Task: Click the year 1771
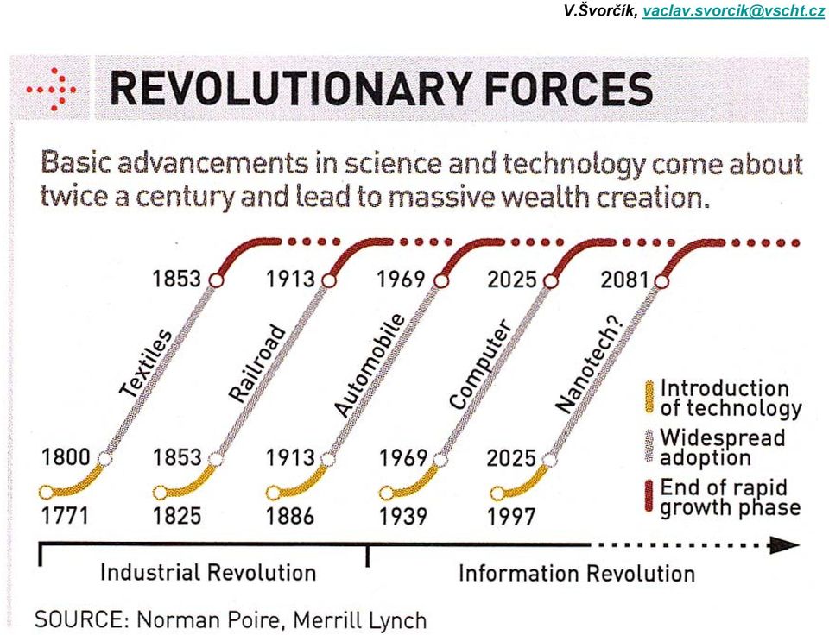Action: coord(66,516)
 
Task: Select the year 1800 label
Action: coord(66,457)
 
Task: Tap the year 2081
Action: coord(625,280)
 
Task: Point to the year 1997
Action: coord(511,517)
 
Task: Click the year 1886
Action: coord(290,516)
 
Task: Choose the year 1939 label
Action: coord(403,517)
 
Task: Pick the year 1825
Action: coord(177,516)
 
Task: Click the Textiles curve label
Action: coord(146,363)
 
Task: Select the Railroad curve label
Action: coord(257,363)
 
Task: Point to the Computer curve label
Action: coord(480,364)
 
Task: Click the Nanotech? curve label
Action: coord(590,364)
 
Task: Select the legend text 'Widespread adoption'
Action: coord(722,447)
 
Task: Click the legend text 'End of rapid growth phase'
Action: coord(731,497)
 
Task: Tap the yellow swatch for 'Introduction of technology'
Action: coord(649,397)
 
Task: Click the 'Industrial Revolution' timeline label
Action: coord(208,573)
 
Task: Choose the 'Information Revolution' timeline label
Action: coord(577,573)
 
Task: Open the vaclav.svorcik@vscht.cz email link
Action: coord(734,11)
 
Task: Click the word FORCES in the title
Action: coord(568,89)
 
